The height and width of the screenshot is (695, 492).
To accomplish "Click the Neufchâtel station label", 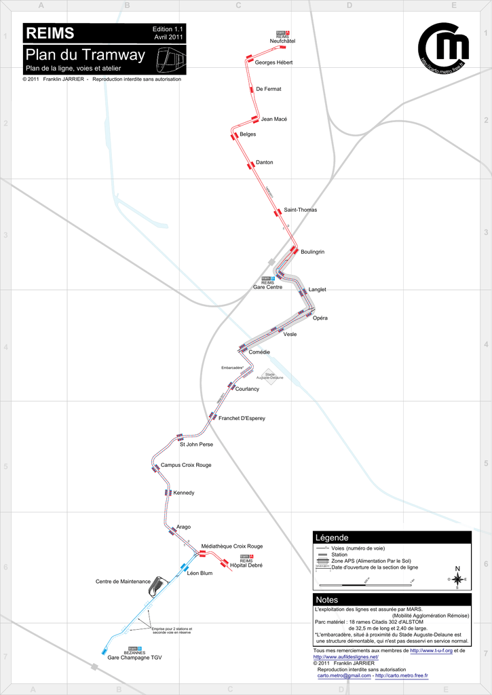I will [282, 42].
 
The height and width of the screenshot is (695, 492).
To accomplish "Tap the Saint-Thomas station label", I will [300, 210].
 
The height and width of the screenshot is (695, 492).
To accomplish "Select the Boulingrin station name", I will [312, 252].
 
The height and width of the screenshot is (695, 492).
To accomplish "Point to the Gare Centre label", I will [267, 287].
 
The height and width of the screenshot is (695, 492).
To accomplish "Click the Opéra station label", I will [320, 318].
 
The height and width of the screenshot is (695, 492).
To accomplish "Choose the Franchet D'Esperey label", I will [242, 418].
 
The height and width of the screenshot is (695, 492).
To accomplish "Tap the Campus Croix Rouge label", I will [186, 465].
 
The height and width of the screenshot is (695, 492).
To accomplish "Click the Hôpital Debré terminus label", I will [246, 565].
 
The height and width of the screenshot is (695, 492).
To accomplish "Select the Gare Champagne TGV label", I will [134, 658].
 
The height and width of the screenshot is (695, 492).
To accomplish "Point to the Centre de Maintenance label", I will [123, 582].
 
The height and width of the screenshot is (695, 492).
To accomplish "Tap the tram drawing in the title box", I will [170, 60].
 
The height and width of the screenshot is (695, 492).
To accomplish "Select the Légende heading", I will [332, 538].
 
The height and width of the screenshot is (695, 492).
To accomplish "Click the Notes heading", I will [326, 600].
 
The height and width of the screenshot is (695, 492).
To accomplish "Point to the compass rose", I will [457, 579].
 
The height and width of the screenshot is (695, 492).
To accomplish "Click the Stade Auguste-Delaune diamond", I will [270, 375].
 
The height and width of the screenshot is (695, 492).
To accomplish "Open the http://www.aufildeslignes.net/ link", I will [345, 658].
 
